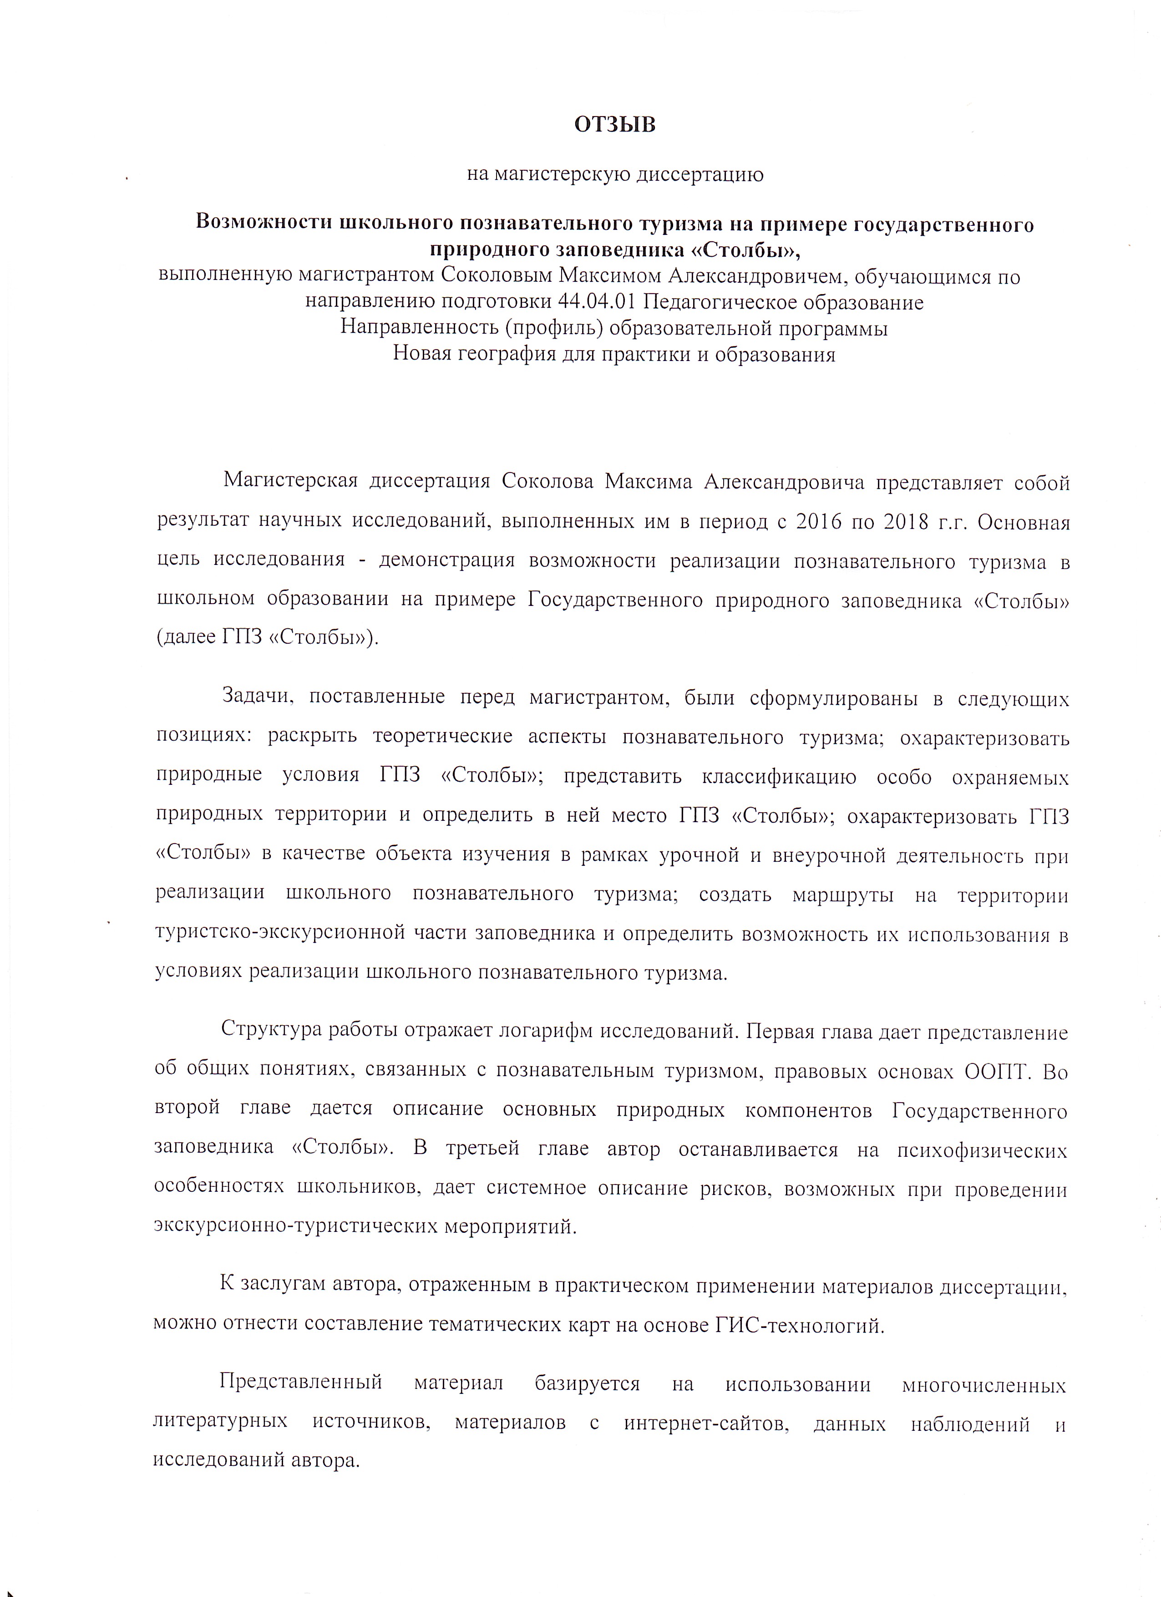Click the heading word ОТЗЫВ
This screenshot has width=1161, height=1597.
[x=615, y=125]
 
